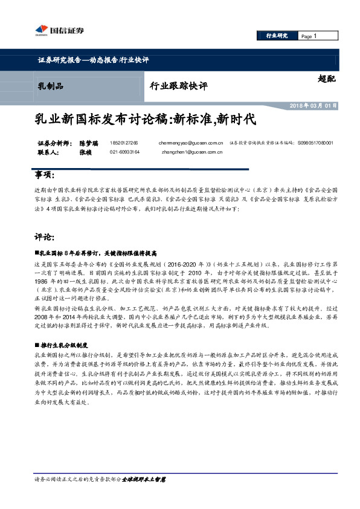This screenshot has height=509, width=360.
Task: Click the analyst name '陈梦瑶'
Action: [x=89, y=143]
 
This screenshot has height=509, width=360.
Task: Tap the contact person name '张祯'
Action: [x=86, y=153]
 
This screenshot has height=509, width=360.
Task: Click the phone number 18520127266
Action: [x=124, y=143]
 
